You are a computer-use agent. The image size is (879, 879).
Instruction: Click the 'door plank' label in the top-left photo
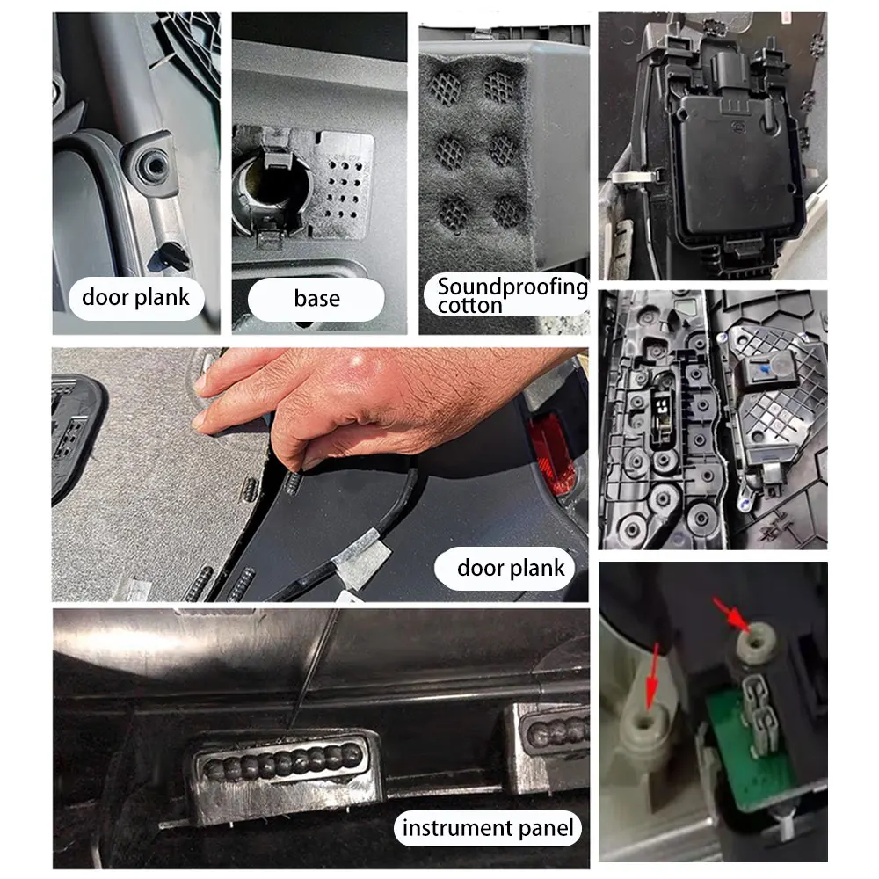(135, 297)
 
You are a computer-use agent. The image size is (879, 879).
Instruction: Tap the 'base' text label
(316, 299)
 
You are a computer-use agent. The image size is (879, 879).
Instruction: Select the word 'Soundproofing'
(512, 287)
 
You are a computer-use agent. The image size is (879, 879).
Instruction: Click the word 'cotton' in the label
(469, 306)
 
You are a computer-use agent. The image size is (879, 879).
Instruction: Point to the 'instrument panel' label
(487, 827)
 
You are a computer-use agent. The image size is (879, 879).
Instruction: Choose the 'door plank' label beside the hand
(511, 567)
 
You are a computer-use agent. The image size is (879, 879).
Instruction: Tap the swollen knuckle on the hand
(365, 362)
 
